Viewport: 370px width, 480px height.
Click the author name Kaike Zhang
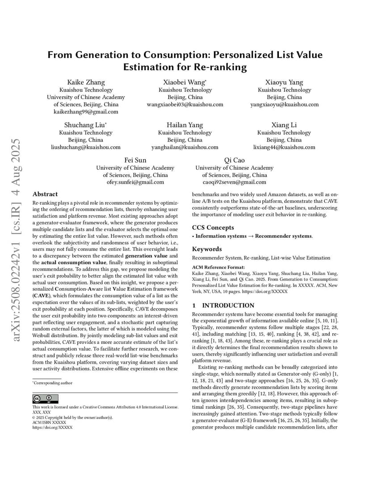coord(86,82)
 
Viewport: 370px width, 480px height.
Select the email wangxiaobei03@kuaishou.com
coord(185,104)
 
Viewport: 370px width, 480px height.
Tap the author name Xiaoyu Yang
coord(284,82)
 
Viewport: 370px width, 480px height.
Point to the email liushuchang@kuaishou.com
coord(86,147)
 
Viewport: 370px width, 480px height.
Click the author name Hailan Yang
coord(185,125)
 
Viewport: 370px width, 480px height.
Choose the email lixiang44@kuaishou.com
coord(284,147)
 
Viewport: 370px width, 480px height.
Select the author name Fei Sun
coord(135,160)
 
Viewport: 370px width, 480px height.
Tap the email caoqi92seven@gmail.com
coord(234,182)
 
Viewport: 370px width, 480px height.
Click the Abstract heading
coord(45,194)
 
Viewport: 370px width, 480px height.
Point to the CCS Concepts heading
coord(213,227)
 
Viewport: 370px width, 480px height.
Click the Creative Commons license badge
coord(45,399)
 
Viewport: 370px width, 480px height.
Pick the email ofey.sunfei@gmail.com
coord(135,182)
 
